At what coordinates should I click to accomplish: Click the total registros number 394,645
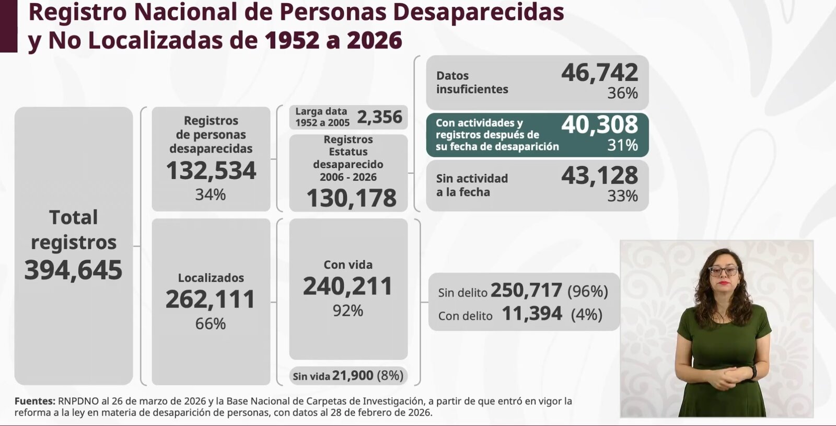[x=73, y=270]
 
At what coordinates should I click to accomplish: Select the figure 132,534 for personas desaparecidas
[x=211, y=171]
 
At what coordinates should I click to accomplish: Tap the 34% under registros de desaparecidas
[x=211, y=194]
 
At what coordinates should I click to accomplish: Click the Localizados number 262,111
[x=211, y=300]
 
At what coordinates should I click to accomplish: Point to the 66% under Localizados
[x=211, y=324]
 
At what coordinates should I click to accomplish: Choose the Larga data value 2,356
[x=380, y=117]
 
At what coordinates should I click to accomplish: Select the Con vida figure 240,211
[x=348, y=286]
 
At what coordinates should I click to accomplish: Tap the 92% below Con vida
[x=348, y=310]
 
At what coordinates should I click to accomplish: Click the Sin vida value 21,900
[x=353, y=376]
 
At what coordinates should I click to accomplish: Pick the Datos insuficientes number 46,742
[x=600, y=73]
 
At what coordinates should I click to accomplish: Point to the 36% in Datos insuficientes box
[x=622, y=93]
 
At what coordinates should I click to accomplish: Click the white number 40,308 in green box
[x=600, y=125]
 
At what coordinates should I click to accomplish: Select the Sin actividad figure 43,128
[x=600, y=176]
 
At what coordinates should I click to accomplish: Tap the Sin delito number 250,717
[x=526, y=291]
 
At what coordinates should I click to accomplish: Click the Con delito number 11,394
[x=532, y=314]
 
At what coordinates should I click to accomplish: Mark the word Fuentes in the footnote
[x=34, y=401]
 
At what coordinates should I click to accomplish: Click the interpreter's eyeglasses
[x=724, y=271]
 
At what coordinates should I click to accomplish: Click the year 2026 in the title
[x=374, y=40]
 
